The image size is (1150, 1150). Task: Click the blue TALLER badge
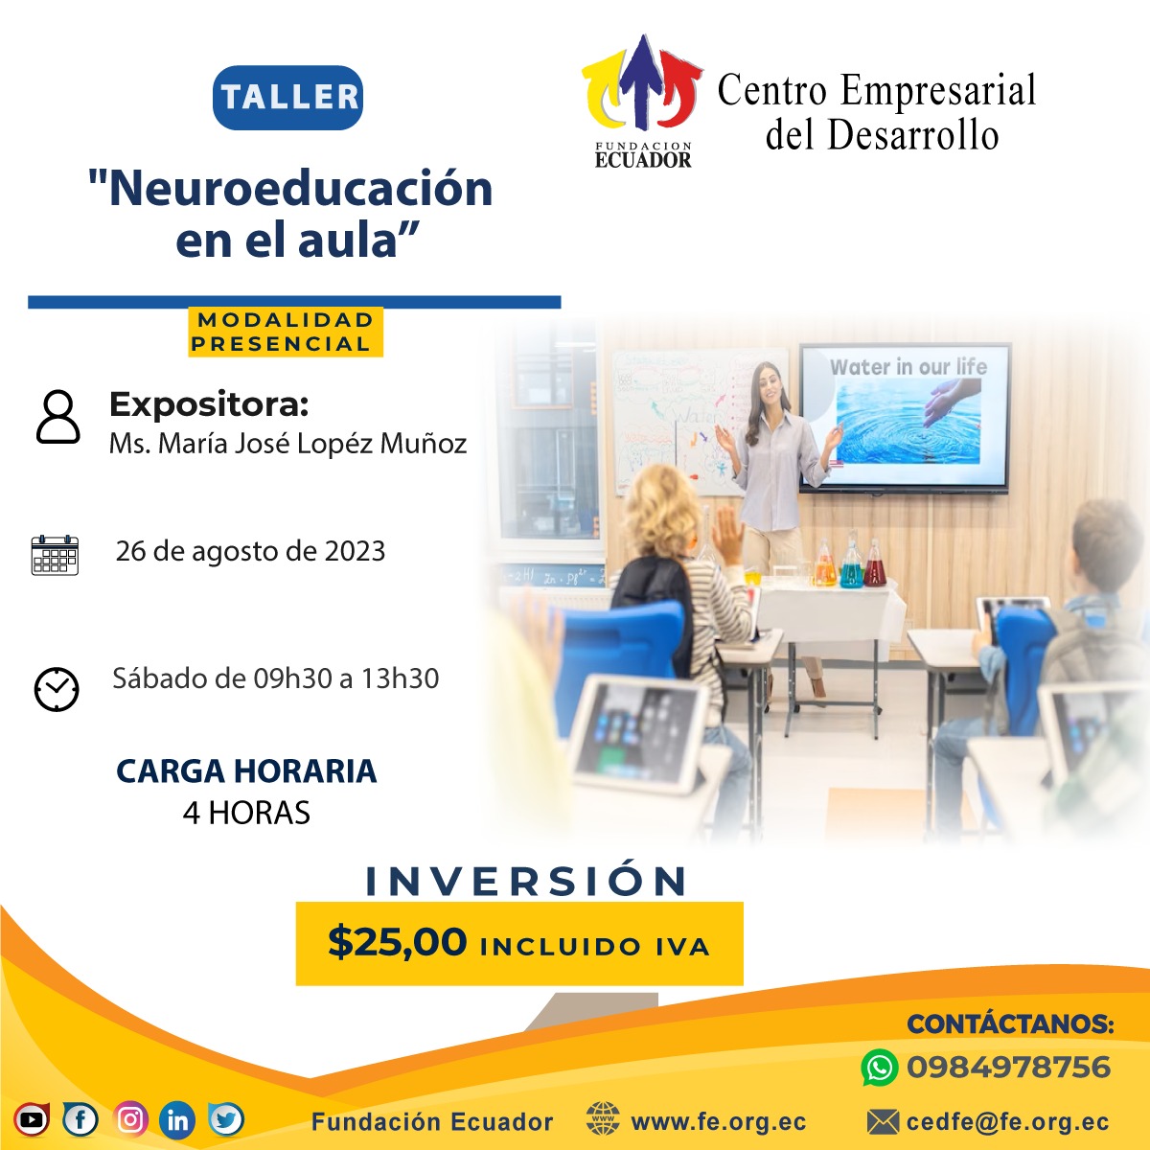pyautogui.click(x=287, y=98)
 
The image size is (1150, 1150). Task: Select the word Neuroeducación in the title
pyautogui.click(x=300, y=189)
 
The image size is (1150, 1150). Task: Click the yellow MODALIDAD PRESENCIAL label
pyautogui.click(x=286, y=332)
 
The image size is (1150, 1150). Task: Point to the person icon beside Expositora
pyautogui.click(x=57, y=417)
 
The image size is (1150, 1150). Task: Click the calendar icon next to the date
pyautogui.click(x=55, y=555)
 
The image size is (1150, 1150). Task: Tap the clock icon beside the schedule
pyautogui.click(x=57, y=689)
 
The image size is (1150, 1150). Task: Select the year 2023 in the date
pyautogui.click(x=355, y=551)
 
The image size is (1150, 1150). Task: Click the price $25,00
pyautogui.click(x=397, y=942)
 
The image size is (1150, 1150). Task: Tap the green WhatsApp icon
pyautogui.click(x=879, y=1068)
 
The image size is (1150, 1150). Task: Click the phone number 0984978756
pyautogui.click(x=1008, y=1067)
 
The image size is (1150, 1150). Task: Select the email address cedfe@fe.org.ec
pyautogui.click(x=1007, y=1121)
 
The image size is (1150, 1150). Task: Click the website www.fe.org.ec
pyautogui.click(x=719, y=1122)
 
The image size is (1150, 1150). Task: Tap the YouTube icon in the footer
pyautogui.click(x=32, y=1119)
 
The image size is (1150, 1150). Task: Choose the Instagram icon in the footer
pyautogui.click(x=130, y=1119)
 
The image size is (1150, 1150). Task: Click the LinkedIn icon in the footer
pyautogui.click(x=177, y=1120)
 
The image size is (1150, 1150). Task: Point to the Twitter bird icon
pyautogui.click(x=225, y=1119)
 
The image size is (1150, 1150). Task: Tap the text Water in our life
pyautogui.click(x=908, y=367)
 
